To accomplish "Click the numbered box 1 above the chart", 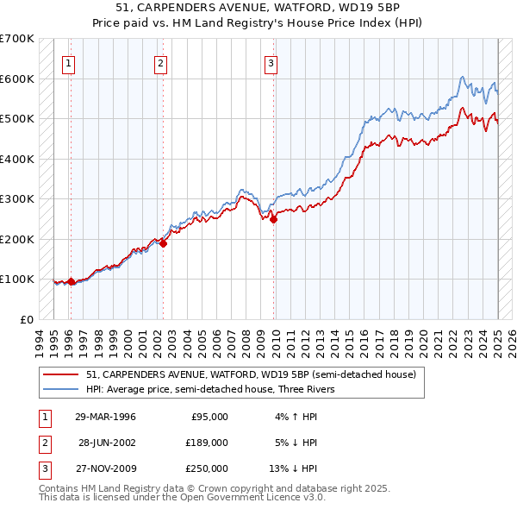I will pyautogui.click(x=67, y=62).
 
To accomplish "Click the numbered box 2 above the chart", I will pyautogui.click(x=161, y=62).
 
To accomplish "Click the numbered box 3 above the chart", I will pyautogui.click(x=271, y=62).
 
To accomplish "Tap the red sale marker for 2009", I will pyautogui.click(x=273, y=219).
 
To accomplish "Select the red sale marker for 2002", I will pyautogui.click(x=163, y=243).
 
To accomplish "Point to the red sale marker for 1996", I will pyautogui.click(x=71, y=281).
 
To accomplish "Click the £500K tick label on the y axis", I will pyautogui.click(x=17, y=119).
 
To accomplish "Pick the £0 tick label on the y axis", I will pyautogui.click(x=26, y=319).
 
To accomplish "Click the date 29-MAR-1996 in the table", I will pyautogui.click(x=107, y=417).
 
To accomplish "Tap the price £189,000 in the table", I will pyautogui.click(x=206, y=443).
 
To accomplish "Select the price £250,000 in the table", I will pyautogui.click(x=206, y=468).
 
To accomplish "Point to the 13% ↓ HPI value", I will pyautogui.click(x=294, y=468).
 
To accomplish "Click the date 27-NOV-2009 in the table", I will pyautogui.click(x=107, y=468).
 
